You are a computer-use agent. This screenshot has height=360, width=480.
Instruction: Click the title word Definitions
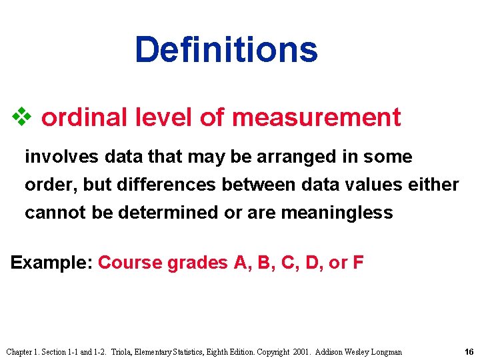coord(226,50)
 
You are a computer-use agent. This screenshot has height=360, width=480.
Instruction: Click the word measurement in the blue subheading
coord(316,117)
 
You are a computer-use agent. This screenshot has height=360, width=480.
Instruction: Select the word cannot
coord(49,213)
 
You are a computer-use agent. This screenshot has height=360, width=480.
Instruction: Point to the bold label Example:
coord(52,262)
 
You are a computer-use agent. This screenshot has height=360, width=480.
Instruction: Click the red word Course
coord(130,262)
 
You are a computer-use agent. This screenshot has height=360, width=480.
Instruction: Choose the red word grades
coord(197,262)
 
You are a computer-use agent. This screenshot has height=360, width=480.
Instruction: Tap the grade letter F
coord(358,262)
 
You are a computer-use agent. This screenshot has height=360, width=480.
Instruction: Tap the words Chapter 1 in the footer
coord(23,351)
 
